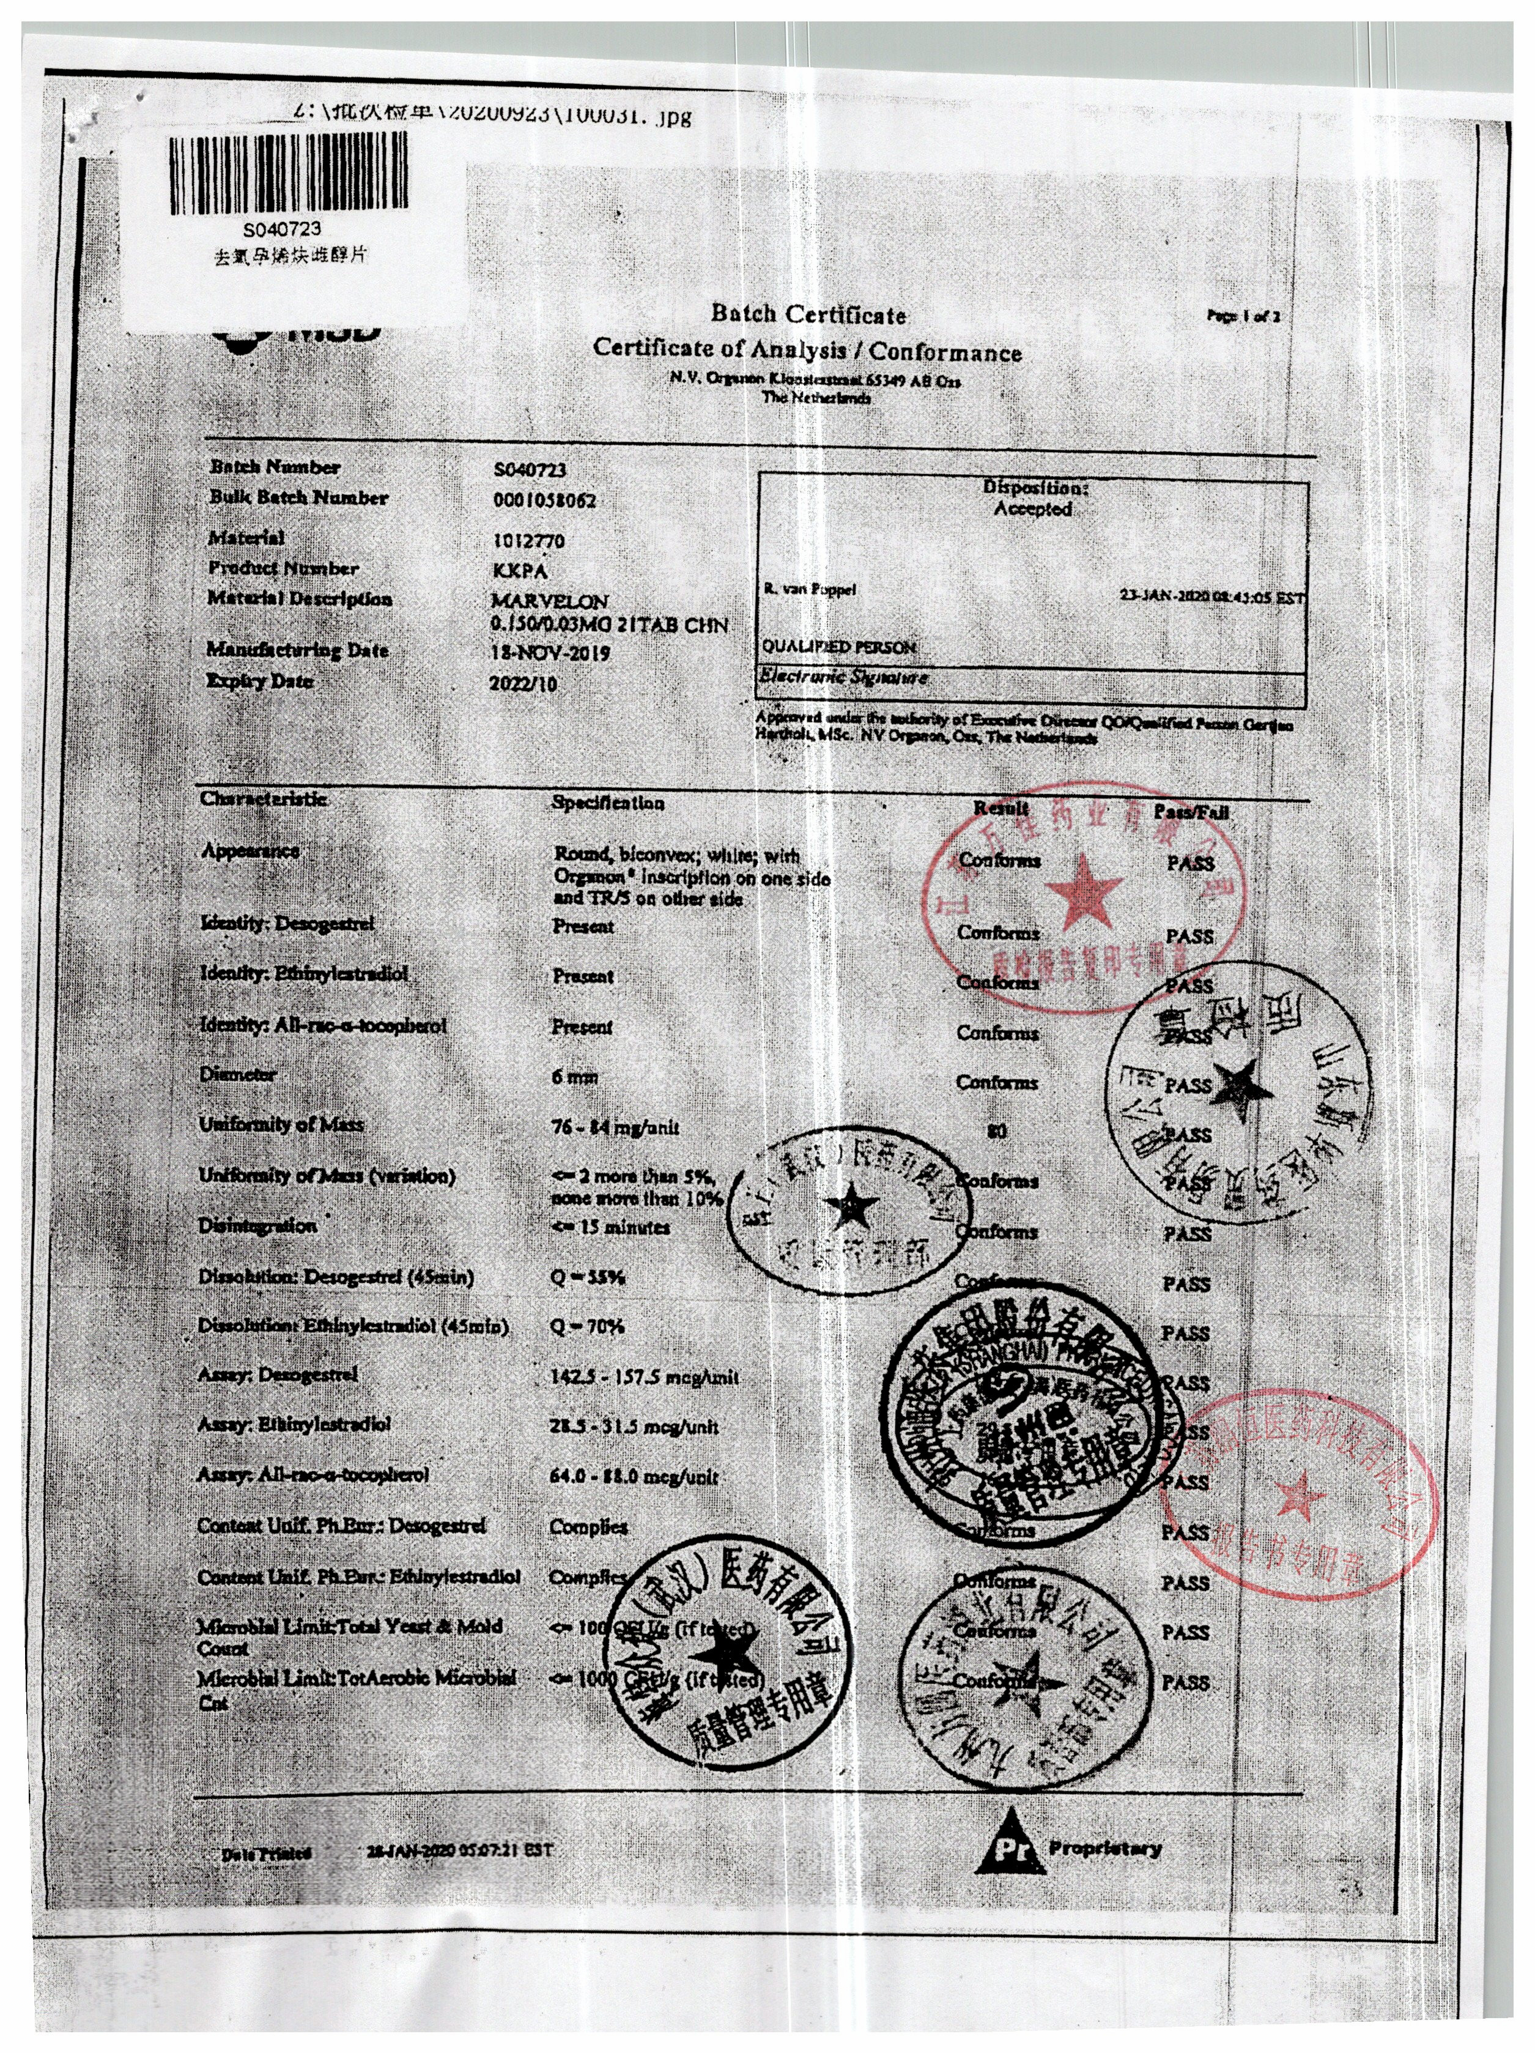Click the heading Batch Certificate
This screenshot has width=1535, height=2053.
pyautogui.click(x=807, y=314)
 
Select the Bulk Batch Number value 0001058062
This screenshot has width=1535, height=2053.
pyautogui.click(x=544, y=501)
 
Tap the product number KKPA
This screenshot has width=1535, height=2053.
pyautogui.click(x=520, y=571)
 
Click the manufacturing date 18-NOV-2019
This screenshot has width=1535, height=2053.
pyautogui.click(x=549, y=653)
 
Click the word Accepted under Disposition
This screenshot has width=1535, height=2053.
pyautogui.click(x=1032, y=508)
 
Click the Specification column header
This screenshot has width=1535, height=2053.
pyautogui.click(x=608, y=803)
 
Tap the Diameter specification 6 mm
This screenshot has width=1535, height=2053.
pyautogui.click(x=574, y=1077)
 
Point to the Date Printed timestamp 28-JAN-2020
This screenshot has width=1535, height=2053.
pyautogui.click(x=459, y=1851)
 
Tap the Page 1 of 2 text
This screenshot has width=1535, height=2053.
pyautogui.click(x=1243, y=316)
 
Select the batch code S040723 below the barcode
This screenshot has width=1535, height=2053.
pyautogui.click(x=282, y=228)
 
